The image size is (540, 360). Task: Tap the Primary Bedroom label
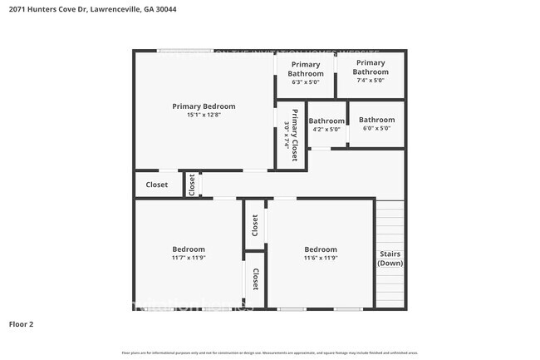pos(204,106)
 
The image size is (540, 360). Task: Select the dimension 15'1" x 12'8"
pos(204,116)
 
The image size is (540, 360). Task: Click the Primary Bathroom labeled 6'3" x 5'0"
pos(305,69)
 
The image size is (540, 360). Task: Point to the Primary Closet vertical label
pos(295,135)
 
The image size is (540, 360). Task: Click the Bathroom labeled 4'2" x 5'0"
pos(326,121)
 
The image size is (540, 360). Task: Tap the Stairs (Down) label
pos(390,259)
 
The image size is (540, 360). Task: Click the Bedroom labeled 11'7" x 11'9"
pos(189,249)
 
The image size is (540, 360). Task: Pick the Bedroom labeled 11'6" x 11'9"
pos(321,249)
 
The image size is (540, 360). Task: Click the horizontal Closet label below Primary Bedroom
pos(156,185)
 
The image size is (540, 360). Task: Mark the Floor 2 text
pos(21,323)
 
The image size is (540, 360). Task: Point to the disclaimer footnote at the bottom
pos(270,353)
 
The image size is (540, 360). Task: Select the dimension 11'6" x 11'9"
pos(321,259)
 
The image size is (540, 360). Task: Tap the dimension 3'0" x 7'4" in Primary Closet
pos(287,135)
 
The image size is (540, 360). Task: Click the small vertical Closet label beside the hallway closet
pos(191,184)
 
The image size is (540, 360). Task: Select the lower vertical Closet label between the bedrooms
pos(256,279)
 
